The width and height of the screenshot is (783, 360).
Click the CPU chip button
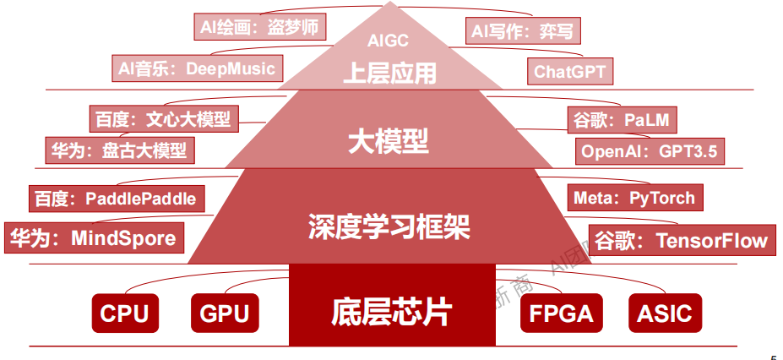coord(124,314)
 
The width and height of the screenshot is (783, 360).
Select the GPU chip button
coord(225,314)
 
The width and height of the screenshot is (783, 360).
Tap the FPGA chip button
coord(561,314)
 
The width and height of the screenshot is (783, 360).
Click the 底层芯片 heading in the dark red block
coord(392,312)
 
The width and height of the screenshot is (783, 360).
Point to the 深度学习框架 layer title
coord(389,226)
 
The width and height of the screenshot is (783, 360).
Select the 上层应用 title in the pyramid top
coord(389,72)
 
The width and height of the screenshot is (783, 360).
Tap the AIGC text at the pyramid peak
coord(389,40)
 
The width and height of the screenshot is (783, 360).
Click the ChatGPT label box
coord(569,71)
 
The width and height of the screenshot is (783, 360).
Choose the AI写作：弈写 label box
coord(523,32)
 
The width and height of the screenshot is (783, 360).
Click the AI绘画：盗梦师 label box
coord(259,27)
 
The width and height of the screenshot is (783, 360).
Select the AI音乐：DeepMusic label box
coord(197,68)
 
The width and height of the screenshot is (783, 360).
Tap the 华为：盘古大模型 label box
coord(119,150)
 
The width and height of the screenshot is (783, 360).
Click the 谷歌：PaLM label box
coord(623,120)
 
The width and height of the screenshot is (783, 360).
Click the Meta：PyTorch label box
coord(633,198)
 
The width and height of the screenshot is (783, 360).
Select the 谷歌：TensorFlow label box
coord(681,240)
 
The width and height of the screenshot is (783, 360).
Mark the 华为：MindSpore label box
coord(94,237)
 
